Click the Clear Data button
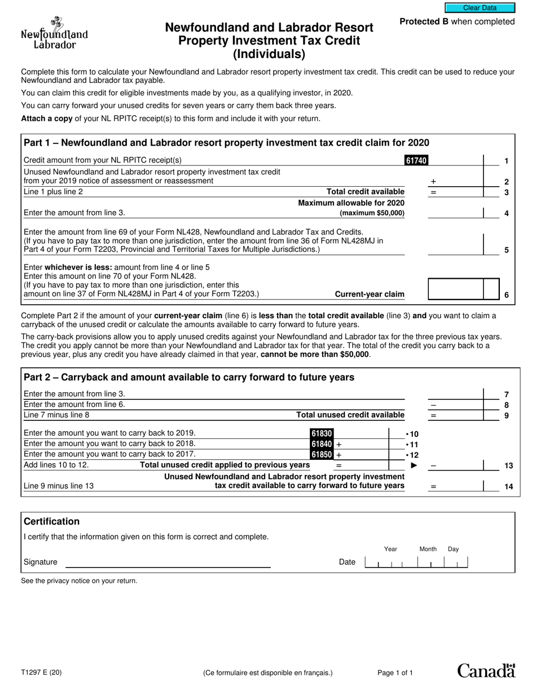[480, 8]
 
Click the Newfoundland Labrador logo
[54, 34]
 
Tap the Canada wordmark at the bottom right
[486, 670]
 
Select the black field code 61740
[416, 161]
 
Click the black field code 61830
[322, 433]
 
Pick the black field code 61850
[322, 454]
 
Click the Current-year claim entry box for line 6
[456, 289]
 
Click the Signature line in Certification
[168, 563]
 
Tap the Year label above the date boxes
[390, 549]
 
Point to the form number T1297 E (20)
[41, 672]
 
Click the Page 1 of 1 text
[395, 673]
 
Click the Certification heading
[52, 521]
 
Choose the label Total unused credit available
[350, 415]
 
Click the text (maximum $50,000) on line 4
[372, 213]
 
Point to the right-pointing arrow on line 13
[414, 465]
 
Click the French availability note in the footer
[268, 673]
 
